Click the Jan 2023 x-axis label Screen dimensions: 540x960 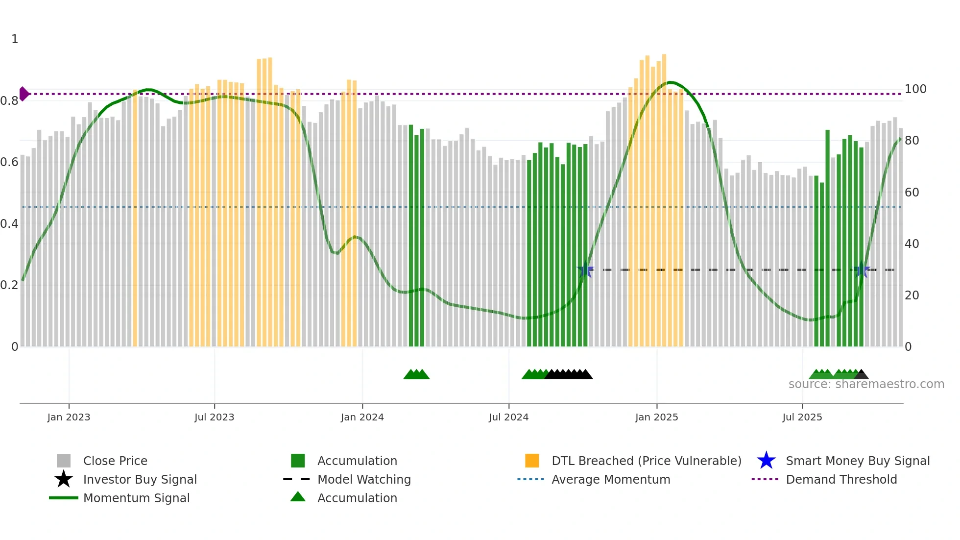pos(69,417)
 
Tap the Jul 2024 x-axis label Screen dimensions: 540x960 pos(508,417)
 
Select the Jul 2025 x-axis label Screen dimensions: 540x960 pos(802,417)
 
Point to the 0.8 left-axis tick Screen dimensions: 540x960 pos(9,101)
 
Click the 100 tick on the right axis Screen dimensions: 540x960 pos(915,89)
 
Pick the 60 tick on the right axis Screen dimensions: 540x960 pos(912,192)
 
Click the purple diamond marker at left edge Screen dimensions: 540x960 pos(24,94)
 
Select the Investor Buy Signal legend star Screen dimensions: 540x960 pos(64,479)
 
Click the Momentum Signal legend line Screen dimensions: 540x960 pos(64,498)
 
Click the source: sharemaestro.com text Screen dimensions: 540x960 pos(866,384)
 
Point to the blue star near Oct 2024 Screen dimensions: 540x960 pos(585,270)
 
